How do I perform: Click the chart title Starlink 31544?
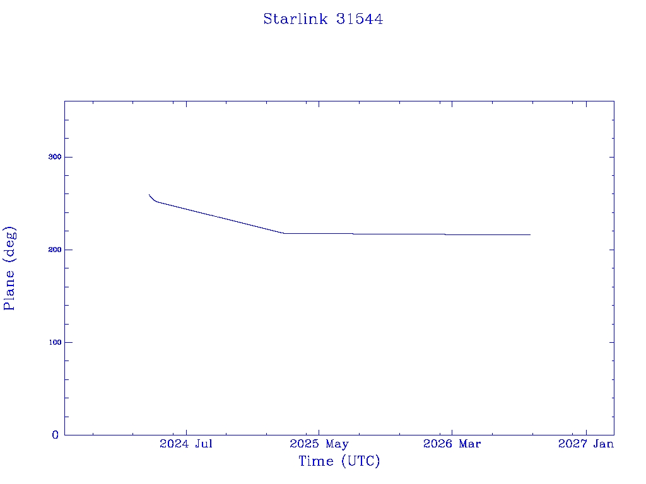[323, 19]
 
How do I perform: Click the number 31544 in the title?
[359, 19]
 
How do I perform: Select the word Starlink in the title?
[295, 19]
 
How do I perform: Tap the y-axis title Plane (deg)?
[9, 268]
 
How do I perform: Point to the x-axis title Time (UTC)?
[339, 461]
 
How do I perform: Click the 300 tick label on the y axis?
[55, 157]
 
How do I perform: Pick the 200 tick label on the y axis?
[55, 250]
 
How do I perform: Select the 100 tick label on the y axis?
[55, 342]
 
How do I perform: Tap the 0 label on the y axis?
[56, 435]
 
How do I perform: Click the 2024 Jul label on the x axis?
[186, 444]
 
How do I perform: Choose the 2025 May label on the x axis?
[319, 444]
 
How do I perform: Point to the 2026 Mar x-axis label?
[452, 444]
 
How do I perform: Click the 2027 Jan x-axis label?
[586, 444]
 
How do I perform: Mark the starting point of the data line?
[149, 195]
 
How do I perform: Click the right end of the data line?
[530, 234]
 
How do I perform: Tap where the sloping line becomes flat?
[284, 233]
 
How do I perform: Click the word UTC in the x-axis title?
[360, 461]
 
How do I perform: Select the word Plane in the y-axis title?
[9, 290]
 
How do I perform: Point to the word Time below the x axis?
[316, 461]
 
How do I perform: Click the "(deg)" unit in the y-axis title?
[10, 245]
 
